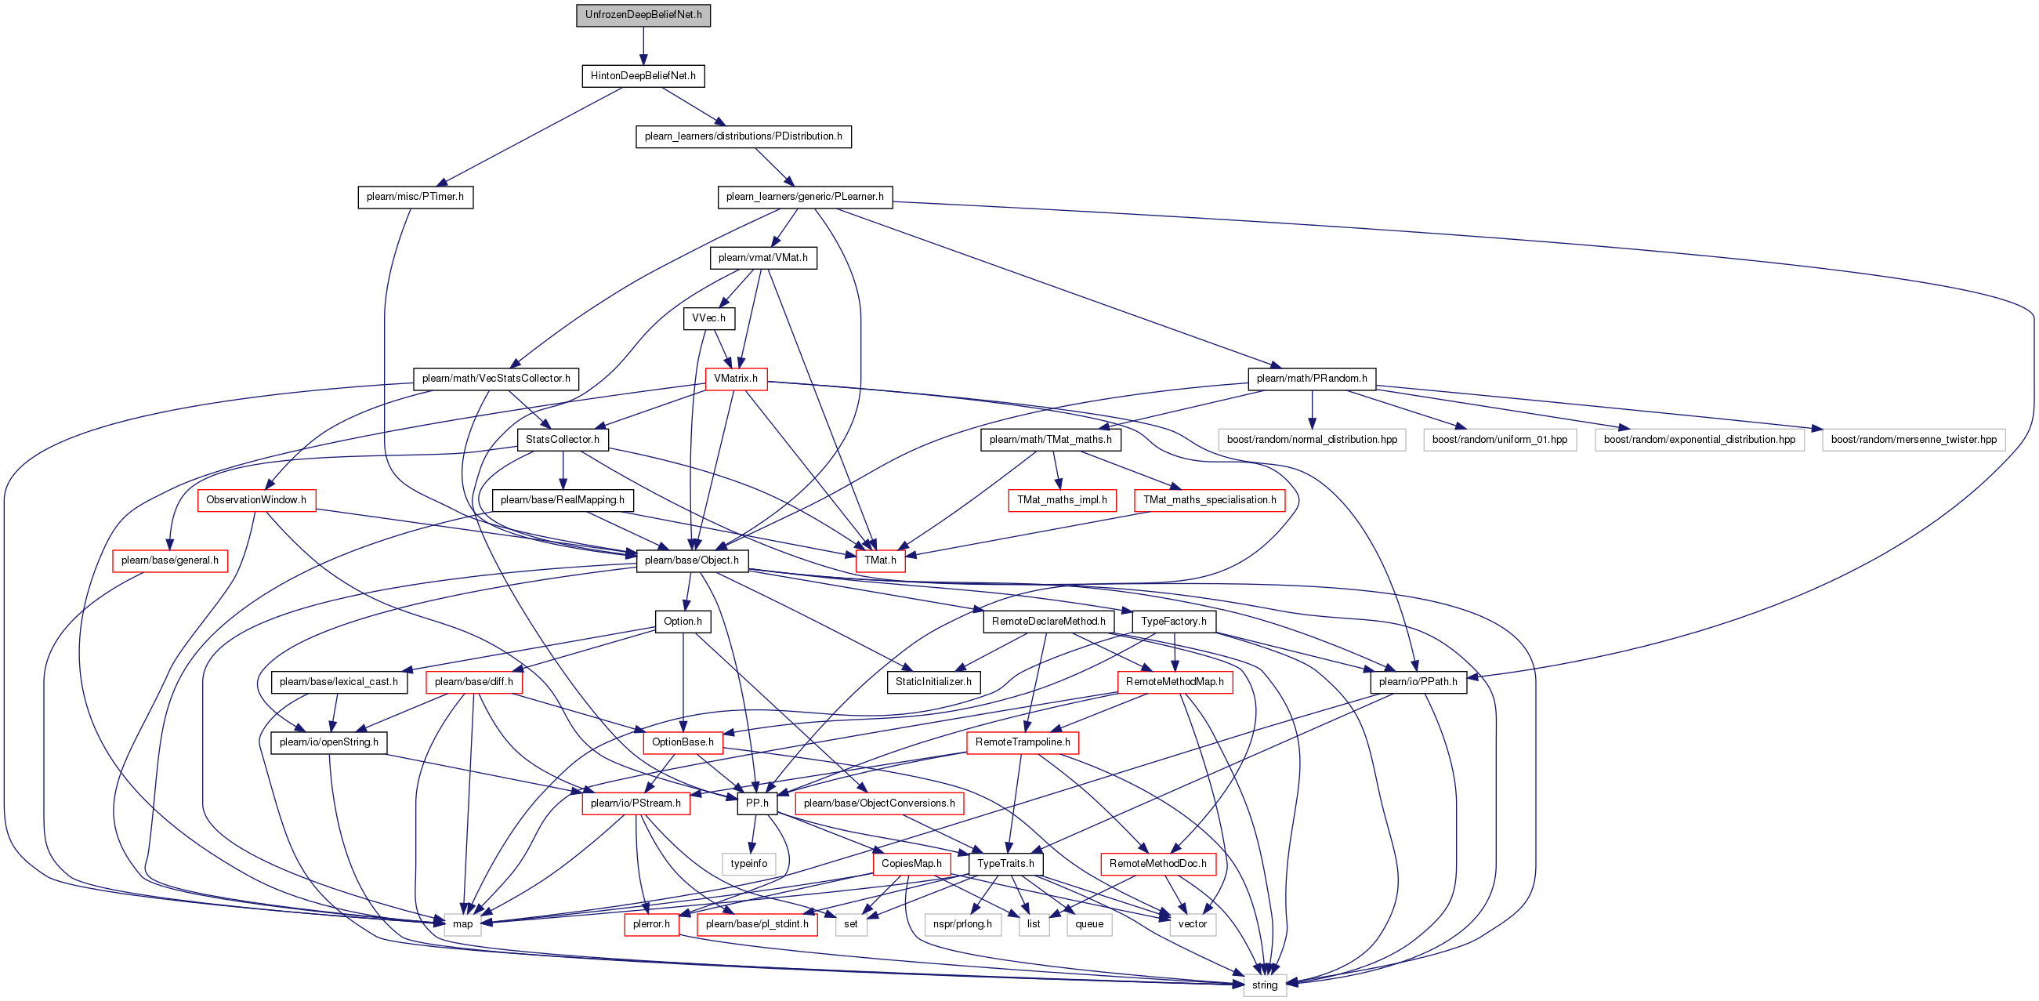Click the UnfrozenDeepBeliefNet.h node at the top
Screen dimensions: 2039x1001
coord(643,15)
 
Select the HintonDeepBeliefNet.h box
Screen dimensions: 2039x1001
coord(643,76)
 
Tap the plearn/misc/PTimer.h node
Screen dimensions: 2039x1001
coord(415,198)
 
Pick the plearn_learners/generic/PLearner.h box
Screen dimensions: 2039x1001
coord(805,198)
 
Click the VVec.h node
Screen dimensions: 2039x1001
coord(709,318)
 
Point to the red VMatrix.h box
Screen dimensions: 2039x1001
coord(736,379)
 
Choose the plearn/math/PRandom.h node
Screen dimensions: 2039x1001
coord(1312,379)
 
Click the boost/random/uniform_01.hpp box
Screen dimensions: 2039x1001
coord(1500,440)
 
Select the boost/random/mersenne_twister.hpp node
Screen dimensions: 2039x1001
coord(1914,440)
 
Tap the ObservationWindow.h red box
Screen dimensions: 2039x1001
coord(256,500)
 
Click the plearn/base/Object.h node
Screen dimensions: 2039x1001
coord(693,560)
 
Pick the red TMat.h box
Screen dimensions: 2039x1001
coord(881,560)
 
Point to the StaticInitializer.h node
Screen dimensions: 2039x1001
coord(934,682)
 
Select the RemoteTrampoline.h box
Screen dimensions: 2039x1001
coord(1023,743)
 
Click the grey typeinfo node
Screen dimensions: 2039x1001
coord(749,864)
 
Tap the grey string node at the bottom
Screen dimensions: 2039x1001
coord(1265,985)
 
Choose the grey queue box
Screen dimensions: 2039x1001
coord(1089,924)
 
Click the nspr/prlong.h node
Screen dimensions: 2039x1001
coord(962,924)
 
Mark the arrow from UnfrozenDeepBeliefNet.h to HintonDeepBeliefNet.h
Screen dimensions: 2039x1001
coord(643,46)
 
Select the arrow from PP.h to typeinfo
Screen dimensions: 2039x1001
coord(754,834)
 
